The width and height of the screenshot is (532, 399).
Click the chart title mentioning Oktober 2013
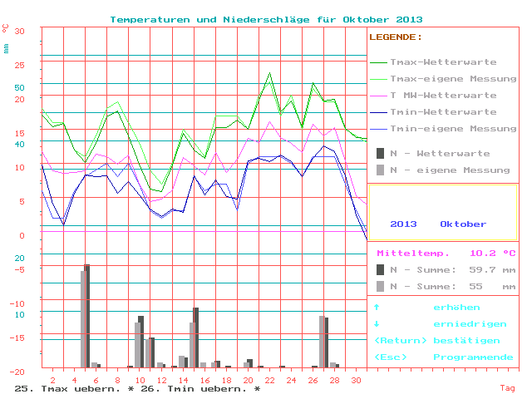click(266, 19)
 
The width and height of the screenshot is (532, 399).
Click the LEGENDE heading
click(395, 37)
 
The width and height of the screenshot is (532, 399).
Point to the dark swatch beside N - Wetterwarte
click(380, 154)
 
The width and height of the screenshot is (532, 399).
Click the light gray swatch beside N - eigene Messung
click(380, 170)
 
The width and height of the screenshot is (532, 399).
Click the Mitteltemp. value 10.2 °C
click(492, 254)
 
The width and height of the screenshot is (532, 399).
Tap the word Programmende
click(473, 357)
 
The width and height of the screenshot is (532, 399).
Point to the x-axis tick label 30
click(356, 379)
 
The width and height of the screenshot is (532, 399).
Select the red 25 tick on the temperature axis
click(20, 65)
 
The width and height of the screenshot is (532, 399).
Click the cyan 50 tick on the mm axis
click(20, 87)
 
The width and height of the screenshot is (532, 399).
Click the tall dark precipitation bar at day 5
click(87, 315)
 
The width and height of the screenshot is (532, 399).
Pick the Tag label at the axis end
click(507, 388)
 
